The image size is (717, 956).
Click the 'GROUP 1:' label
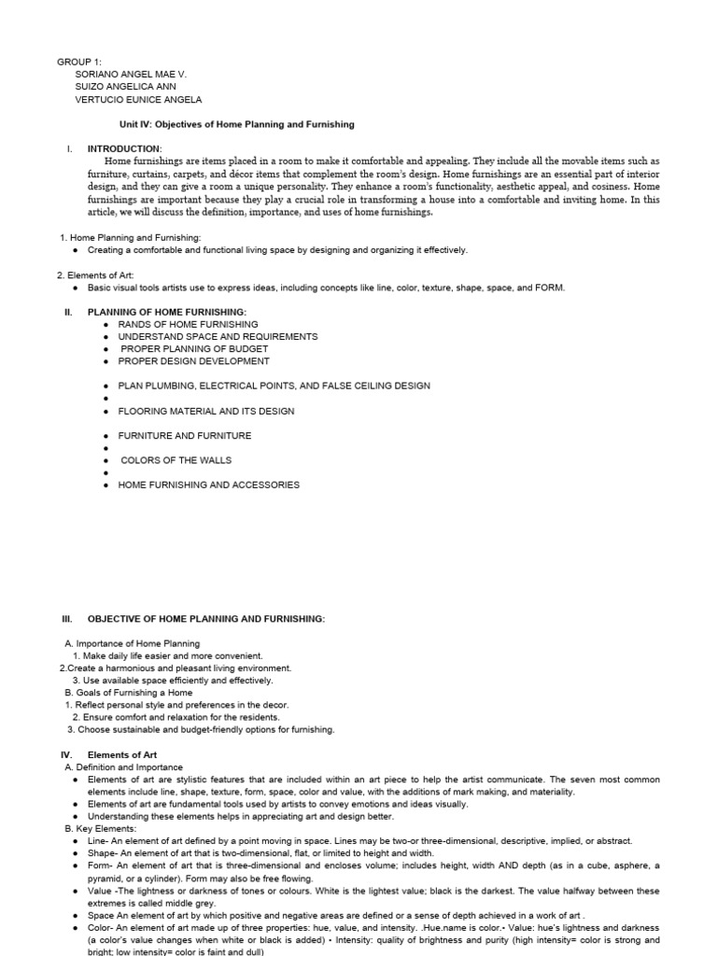coord(79,63)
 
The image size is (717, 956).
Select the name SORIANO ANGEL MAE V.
coord(136,75)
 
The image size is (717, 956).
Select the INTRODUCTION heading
coord(124,148)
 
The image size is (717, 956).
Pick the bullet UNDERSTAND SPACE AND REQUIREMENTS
coord(218,336)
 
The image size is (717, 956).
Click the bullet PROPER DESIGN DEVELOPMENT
coord(193,360)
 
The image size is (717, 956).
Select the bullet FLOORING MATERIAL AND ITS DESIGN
coord(205,411)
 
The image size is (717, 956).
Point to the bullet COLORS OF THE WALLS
coord(176,460)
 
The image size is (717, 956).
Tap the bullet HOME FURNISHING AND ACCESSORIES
coord(208,485)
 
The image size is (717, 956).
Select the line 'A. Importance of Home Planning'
coord(132,643)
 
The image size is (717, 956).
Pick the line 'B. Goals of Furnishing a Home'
coord(129,693)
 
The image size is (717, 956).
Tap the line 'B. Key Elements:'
coord(100,828)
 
